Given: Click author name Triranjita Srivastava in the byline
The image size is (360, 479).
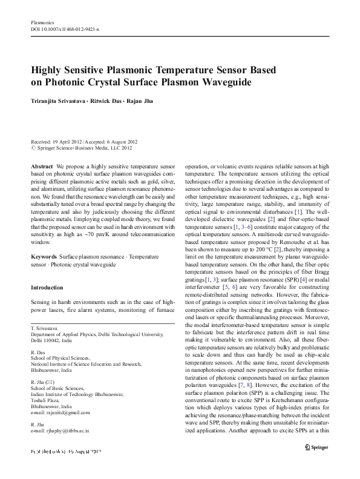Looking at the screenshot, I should click(x=59, y=101).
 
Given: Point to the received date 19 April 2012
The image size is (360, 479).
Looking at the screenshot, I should click(x=70, y=140).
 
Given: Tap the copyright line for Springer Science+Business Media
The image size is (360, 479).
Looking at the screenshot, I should click(x=84, y=147).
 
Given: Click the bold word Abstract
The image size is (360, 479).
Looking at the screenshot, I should click(x=42, y=165).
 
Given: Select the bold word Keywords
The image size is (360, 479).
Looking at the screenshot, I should click(x=44, y=274).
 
